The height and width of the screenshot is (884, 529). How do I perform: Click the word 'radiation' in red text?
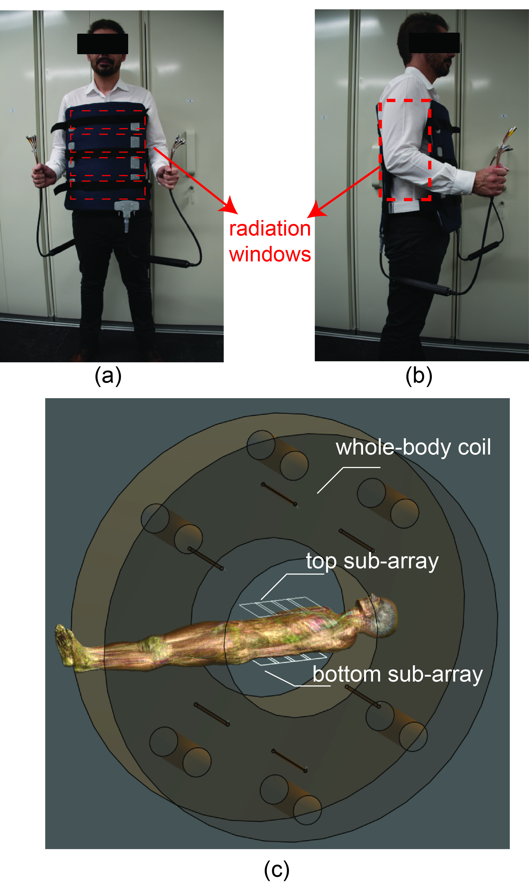tap(270, 229)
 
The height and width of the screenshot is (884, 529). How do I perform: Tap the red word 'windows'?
tap(270, 255)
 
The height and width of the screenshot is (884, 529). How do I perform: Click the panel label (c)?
tap(277, 869)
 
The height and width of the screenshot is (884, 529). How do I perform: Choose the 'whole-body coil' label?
tap(413, 448)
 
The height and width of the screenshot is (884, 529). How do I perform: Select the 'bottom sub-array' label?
tap(397, 675)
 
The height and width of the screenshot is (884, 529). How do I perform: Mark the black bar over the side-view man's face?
tap(434, 43)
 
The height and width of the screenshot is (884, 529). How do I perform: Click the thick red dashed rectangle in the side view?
tap(380, 150)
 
